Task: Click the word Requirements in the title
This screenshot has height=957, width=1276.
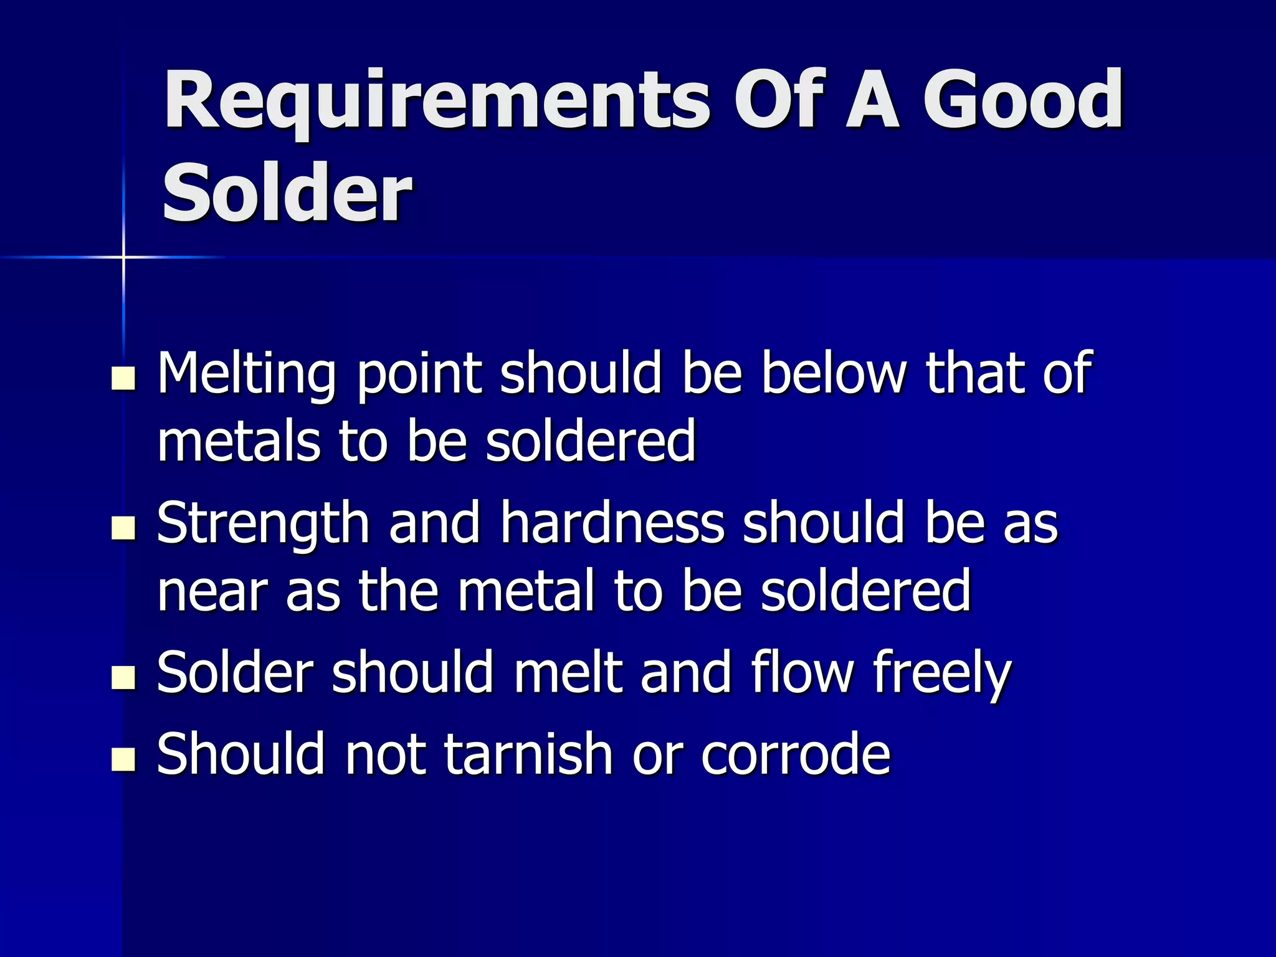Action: [x=436, y=101]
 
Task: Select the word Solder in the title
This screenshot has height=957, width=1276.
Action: [x=287, y=193]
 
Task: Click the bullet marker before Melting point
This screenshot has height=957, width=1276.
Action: [x=123, y=378]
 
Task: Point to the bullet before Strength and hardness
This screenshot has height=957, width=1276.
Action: [x=123, y=528]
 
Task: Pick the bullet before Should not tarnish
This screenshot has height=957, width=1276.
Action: [x=123, y=759]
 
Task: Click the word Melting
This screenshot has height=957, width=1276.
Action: [x=247, y=374]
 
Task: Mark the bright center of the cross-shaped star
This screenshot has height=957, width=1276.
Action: [x=123, y=257]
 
